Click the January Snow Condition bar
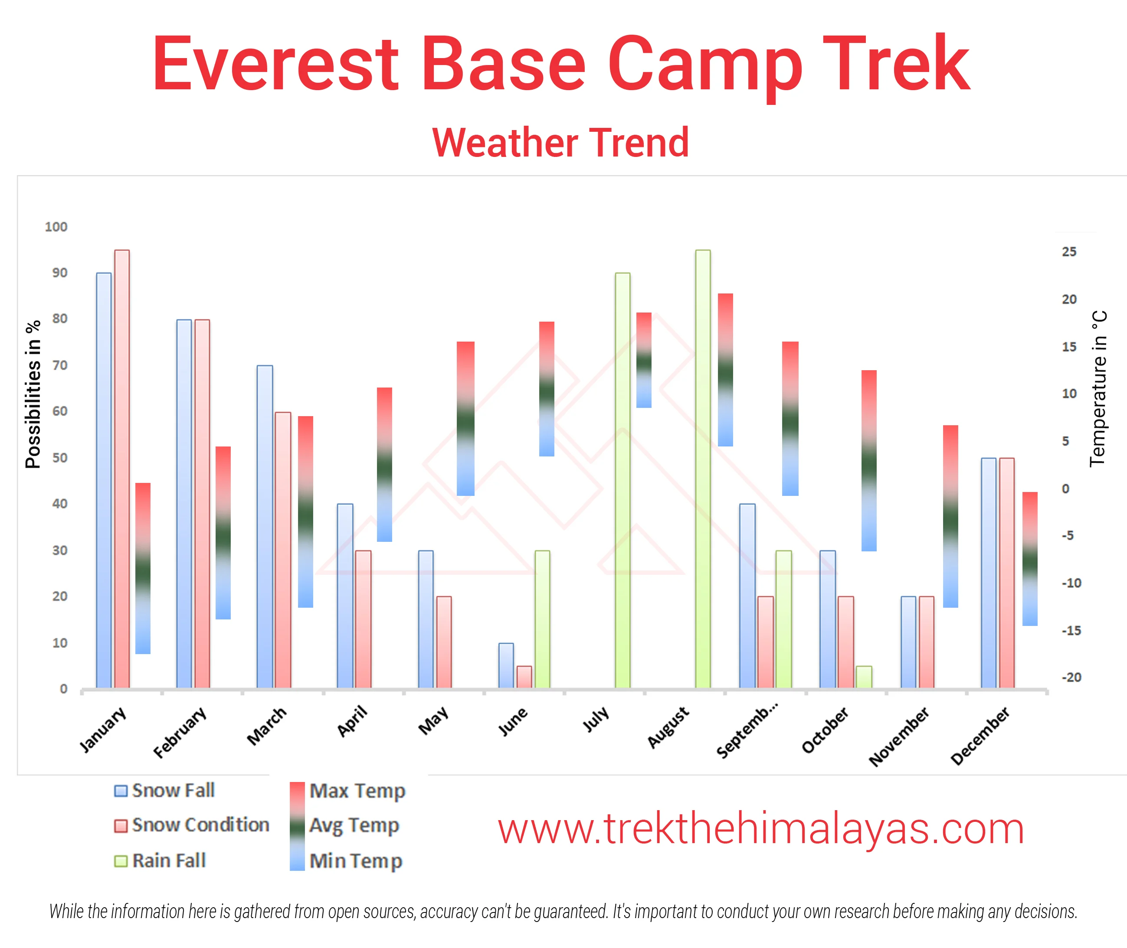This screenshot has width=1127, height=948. pyautogui.click(x=121, y=469)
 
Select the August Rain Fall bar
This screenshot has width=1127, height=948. pyautogui.click(x=703, y=469)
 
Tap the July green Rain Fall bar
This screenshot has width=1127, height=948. pyautogui.click(x=622, y=480)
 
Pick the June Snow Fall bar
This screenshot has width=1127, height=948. pyautogui.click(x=506, y=665)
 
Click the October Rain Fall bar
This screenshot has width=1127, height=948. pyautogui.click(x=864, y=677)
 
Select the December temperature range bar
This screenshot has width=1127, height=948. pyautogui.click(x=1030, y=559)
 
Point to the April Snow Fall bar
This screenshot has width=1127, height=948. pyautogui.click(x=345, y=596)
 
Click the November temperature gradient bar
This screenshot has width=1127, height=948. pyautogui.click(x=950, y=516)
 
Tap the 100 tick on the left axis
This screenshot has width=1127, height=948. pyautogui.click(x=56, y=227)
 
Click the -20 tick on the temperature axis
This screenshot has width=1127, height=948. pyautogui.click(x=1071, y=677)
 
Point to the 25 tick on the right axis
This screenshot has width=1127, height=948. pyautogui.click(x=1069, y=251)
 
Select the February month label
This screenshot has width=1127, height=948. pyautogui.click(x=180, y=732)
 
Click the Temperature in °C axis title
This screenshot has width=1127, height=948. pyautogui.click(x=1098, y=388)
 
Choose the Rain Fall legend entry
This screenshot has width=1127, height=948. pyautogui.click(x=160, y=860)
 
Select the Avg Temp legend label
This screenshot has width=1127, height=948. pyautogui.click(x=354, y=825)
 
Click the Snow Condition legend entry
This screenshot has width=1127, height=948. pyautogui.click(x=191, y=825)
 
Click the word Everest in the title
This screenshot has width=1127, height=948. pyautogui.click(x=275, y=63)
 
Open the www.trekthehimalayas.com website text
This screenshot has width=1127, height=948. pyautogui.click(x=760, y=829)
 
